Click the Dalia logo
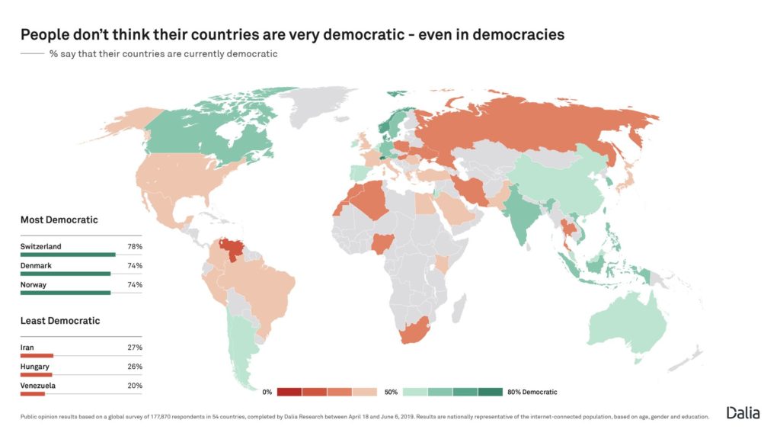[743, 412]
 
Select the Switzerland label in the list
[41, 247]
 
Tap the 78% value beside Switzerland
[135, 247]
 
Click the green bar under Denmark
[66, 274]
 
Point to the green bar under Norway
[66, 292]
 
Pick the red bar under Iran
[37, 355]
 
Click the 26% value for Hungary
[135, 367]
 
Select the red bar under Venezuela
[33, 393]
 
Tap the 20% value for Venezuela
[135, 386]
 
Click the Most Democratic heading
[59, 219]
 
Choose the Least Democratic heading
[60, 321]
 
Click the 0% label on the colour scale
[267, 393]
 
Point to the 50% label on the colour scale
[391, 393]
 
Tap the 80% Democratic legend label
[532, 393]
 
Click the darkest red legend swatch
[289, 393]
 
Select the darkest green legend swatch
[491, 393]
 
